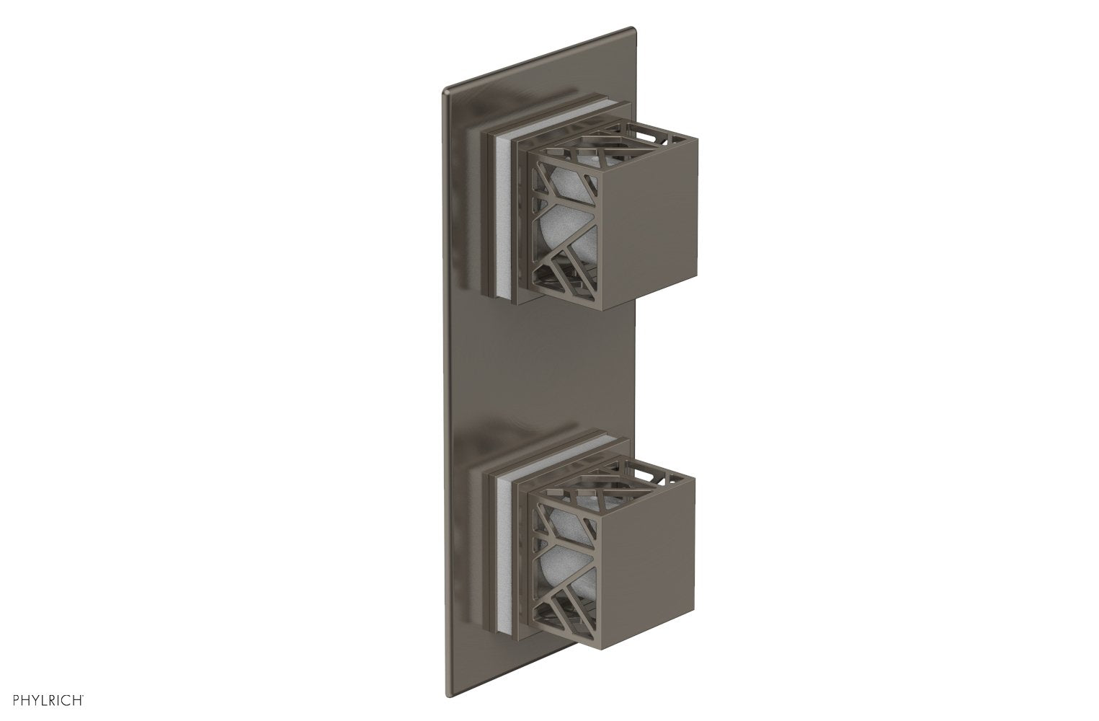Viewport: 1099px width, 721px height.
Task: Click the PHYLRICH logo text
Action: point(44,699)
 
